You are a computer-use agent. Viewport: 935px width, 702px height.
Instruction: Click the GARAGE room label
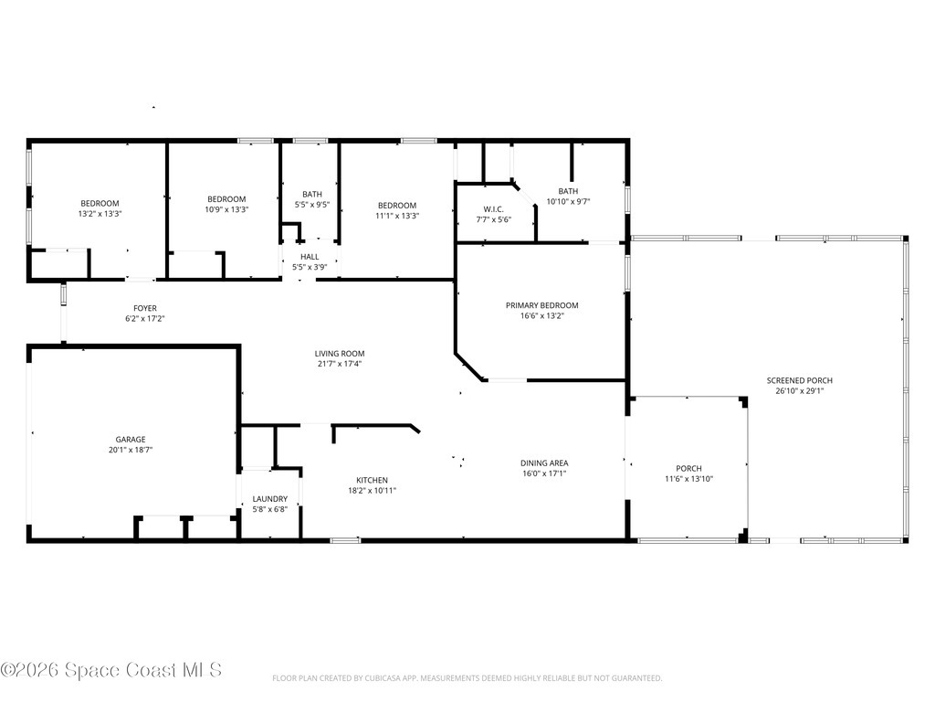[130, 440]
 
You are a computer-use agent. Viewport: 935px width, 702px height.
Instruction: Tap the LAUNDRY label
[269, 499]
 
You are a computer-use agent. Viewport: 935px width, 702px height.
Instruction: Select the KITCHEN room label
[372, 480]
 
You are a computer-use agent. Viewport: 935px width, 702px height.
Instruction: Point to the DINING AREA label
[544, 463]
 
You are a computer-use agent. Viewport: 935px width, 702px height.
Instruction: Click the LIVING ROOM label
[340, 354]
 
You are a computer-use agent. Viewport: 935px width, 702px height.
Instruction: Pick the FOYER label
[145, 309]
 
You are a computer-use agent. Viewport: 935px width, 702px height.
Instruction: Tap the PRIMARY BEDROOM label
[542, 305]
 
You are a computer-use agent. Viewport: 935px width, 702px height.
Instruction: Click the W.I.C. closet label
[493, 209]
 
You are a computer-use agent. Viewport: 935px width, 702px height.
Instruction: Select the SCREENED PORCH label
[799, 380]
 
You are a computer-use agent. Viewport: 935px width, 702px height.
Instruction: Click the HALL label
[310, 257]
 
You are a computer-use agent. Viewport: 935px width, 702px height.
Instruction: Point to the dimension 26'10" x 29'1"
[799, 391]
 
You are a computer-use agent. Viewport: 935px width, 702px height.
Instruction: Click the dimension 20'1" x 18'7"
[130, 450]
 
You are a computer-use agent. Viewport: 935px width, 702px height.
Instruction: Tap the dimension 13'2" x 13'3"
[100, 213]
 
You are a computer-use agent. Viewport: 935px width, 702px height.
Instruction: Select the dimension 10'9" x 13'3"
[226, 209]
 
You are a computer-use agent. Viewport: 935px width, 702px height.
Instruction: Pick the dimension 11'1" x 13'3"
[397, 216]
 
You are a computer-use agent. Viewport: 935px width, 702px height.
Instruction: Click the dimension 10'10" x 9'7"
[568, 201]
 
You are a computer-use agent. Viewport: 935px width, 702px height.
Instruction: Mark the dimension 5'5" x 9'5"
[312, 205]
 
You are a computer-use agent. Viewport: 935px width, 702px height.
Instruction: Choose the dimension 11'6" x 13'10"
[688, 479]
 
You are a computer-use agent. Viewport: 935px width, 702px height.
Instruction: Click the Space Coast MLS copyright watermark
[110, 670]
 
